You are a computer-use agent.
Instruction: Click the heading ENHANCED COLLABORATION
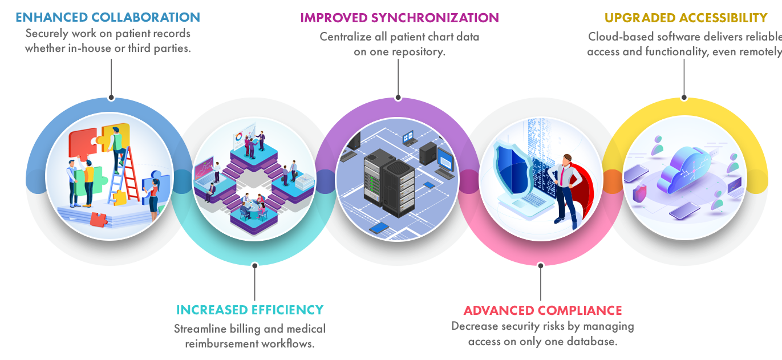(x=108, y=17)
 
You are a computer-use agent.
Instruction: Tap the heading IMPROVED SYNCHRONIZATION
(x=399, y=18)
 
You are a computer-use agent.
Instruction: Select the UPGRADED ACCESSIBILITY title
(x=685, y=18)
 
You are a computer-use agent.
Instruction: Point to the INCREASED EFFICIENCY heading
(x=249, y=310)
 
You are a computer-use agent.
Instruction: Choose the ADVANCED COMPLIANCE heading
(x=542, y=311)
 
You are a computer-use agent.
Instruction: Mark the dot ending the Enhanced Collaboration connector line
(x=111, y=98)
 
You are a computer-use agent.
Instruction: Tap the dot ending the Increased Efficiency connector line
(x=255, y=265)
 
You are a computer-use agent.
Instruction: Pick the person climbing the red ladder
(x=117, y=147)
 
